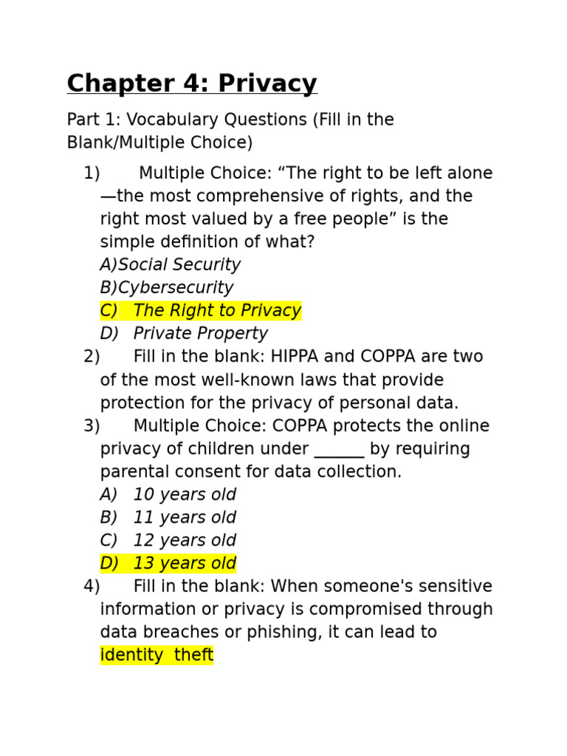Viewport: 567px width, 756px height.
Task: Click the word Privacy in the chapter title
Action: coord(269,84)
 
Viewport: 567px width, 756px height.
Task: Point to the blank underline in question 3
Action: coord(339,450)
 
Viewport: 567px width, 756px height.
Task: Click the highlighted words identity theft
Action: coord(157,655)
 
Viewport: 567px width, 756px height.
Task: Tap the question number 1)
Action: coord(92,173)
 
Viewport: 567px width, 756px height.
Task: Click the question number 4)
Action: coord(92,587)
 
